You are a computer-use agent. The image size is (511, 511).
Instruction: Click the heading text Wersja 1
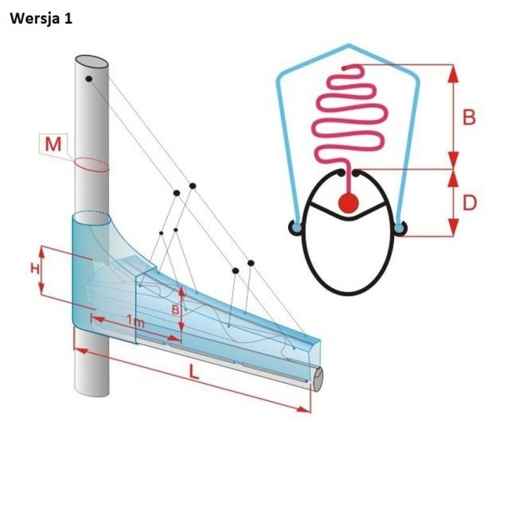pos(41,19)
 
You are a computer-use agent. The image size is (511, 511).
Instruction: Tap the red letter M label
pos(53,144)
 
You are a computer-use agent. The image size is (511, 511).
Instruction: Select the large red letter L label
pos(194,372)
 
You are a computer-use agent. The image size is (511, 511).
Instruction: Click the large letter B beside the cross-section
pos(469,118)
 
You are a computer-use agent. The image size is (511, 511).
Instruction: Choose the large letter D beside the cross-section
pos(469,204)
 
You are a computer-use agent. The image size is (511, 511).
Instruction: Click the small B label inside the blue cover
pos(175,310)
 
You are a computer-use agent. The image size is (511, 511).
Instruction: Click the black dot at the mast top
pos(89,79)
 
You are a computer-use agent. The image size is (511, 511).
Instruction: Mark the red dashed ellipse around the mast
pos(91,165)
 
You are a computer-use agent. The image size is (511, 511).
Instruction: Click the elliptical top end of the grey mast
pos(91,62)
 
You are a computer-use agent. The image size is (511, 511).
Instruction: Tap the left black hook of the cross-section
pos(295,228)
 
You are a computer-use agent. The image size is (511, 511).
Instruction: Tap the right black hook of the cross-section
pos(400,228)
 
